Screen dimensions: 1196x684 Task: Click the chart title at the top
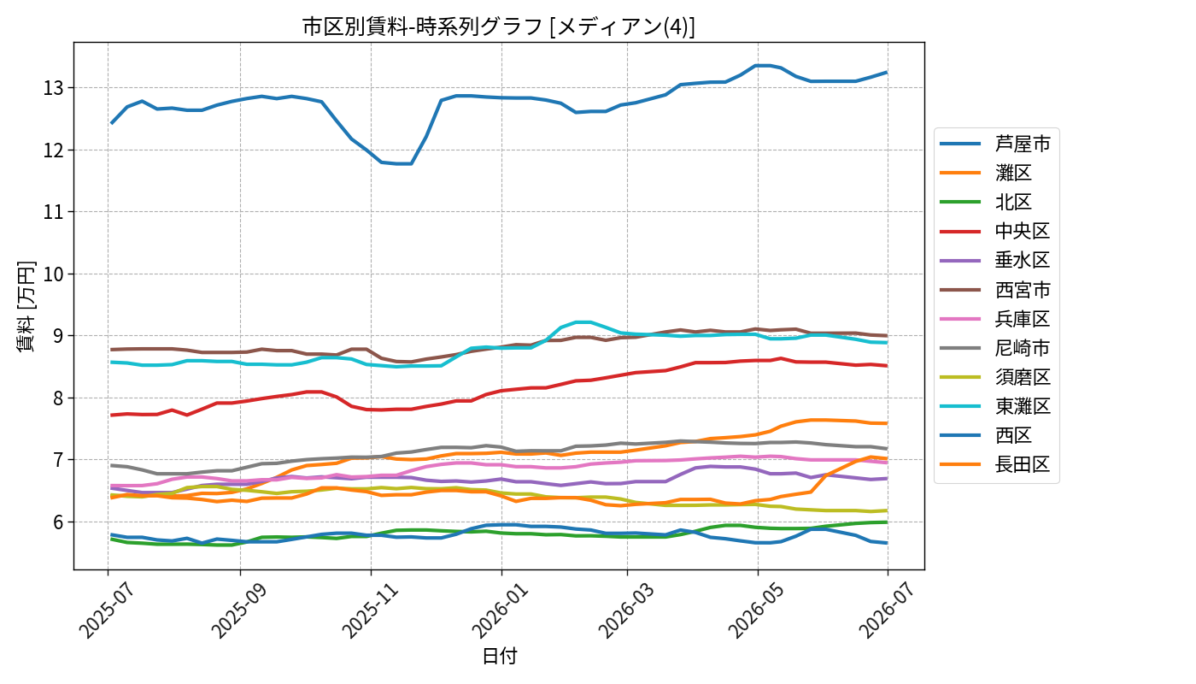[499, 27]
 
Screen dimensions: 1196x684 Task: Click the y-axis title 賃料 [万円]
[26, 306]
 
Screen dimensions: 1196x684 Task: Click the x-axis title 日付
[499, 656]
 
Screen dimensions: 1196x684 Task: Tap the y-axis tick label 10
[53, 274]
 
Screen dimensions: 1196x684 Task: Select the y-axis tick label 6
[58, 522]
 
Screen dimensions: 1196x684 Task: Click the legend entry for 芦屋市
[995, 144]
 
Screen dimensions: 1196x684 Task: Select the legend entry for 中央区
[995, 231]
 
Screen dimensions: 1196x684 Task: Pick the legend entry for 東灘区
[995, 406]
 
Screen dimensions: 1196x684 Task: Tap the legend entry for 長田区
[995, 464]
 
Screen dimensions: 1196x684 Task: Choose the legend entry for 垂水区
[995, 260]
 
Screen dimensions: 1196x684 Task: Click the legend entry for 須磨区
[995, 377]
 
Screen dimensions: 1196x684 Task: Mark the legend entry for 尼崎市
[995, 348]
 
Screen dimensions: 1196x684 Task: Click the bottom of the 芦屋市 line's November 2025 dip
[403, 163]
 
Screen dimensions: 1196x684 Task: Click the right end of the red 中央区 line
[887, 366]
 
